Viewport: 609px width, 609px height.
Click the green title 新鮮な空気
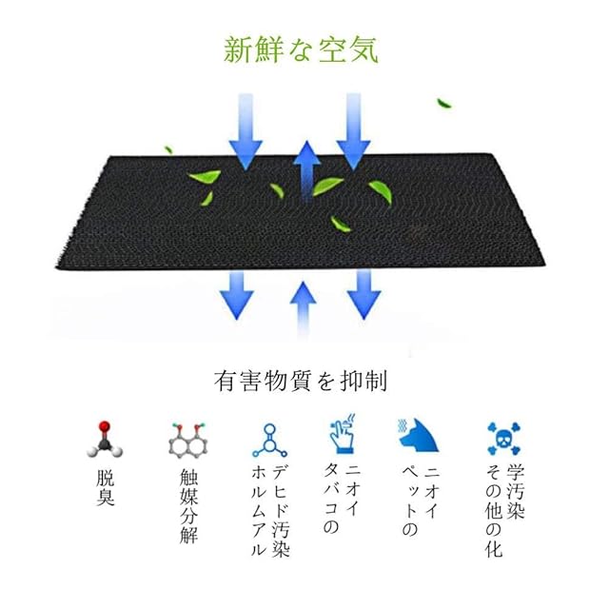click(300, 49)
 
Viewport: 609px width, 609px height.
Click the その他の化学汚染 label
click(495, 511)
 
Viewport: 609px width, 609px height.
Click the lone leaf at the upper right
click(443, 103)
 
